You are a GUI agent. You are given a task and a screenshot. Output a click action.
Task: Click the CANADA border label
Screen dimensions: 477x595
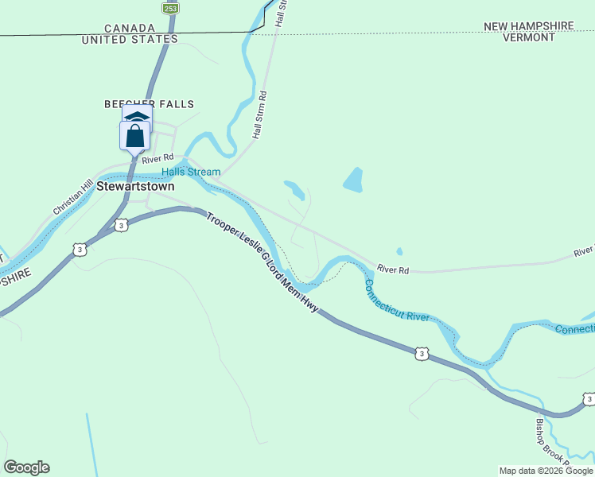129,27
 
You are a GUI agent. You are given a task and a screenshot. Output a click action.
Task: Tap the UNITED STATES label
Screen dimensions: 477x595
130,39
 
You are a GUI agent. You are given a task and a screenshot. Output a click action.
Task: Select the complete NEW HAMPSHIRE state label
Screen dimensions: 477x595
529,26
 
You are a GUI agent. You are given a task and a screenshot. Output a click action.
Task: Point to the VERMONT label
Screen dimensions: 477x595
528,37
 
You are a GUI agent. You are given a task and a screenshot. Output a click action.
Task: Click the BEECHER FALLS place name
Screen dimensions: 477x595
150,104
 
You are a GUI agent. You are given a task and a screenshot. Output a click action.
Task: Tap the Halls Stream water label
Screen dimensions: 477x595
191,172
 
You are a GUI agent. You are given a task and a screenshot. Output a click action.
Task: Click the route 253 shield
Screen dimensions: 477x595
170,8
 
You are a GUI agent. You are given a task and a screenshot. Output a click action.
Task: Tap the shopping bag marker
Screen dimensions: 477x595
135,136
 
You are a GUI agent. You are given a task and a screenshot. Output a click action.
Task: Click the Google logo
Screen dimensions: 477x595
26,467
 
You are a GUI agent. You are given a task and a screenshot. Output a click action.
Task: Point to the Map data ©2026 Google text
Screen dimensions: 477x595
546,471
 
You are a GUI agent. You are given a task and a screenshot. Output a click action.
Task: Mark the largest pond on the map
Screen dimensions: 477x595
352,180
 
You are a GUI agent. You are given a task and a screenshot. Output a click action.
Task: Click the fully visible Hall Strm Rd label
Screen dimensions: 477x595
259,116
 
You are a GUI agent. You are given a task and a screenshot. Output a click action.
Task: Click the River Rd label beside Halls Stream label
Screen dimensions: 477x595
157,158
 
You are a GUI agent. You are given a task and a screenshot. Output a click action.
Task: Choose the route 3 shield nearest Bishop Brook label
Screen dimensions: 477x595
588,398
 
